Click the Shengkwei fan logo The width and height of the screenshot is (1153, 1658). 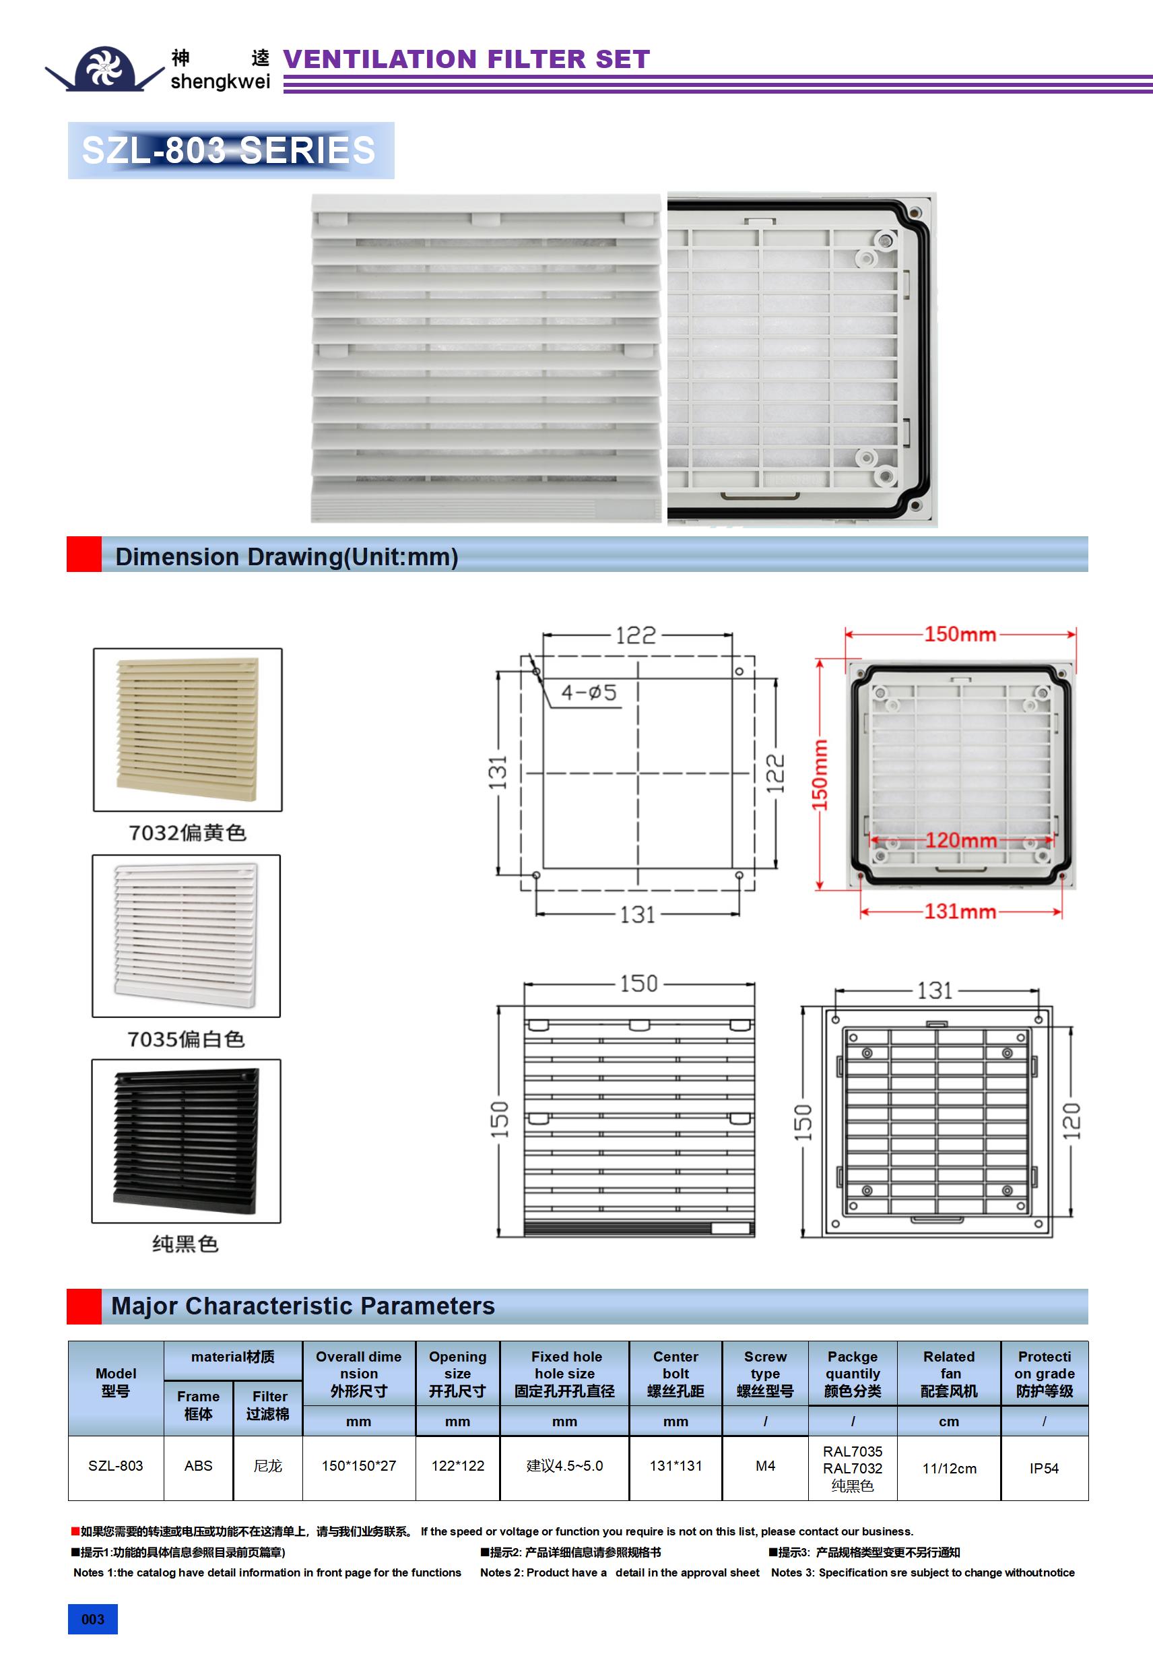click(x=104, y=68)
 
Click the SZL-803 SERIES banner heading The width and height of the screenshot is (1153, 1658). click(x=229, y=150)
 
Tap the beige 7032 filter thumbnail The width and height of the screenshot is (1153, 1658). click(x=188, y=730)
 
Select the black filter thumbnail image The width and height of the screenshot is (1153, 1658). click(x=187, y=1142)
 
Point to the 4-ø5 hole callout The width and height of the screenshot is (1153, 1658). click(x=589, y=693)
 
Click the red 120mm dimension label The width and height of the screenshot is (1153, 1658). click(x=960, y=841)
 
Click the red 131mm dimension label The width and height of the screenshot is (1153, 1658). click(x=960, y=912)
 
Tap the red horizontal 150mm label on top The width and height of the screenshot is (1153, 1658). click(x=960, y=634)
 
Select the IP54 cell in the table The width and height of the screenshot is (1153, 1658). click(x=1044, y=1468)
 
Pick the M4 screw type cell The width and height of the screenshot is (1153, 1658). click(x=765, y=1466)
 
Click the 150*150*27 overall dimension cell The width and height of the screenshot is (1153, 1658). click(x=359, y=1466)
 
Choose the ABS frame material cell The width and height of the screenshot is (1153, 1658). click(x=199, y=1466)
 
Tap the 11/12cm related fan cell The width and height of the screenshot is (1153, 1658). click(x=950, y=1469)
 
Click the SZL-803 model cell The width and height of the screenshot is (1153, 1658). click(x=116, y=1466)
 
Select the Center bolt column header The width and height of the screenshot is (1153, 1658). click(x=676, y=1374)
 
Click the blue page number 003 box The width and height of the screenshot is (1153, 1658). click(x=92, y=1619)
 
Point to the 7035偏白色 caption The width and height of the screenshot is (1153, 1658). click(x=187, y=1039)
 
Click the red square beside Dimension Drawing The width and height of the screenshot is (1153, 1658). click(x=84, y=554)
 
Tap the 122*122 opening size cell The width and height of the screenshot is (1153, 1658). click(x=458, y=1466)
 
